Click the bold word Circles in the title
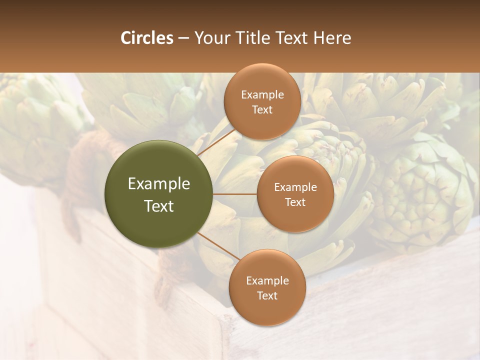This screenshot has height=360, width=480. [x=146, y=38]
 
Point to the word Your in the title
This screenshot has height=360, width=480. [x=210, y=38]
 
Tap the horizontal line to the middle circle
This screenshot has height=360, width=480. [x=235, y=194]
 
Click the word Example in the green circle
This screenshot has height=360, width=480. [x=159, y=184]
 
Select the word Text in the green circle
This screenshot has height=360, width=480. [x=159, y=206]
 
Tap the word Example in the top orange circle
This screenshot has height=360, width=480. [x=262, y=94]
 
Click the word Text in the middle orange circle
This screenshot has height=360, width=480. [x=295, y=202]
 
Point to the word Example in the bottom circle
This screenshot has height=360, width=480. [x=267, y=280]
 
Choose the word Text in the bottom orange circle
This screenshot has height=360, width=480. [x=267, y=295]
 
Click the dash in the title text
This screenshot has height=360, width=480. [x=183, y=38]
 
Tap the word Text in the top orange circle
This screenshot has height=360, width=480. [x=262, y=109]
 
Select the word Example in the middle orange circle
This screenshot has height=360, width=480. [x=295, y=187]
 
